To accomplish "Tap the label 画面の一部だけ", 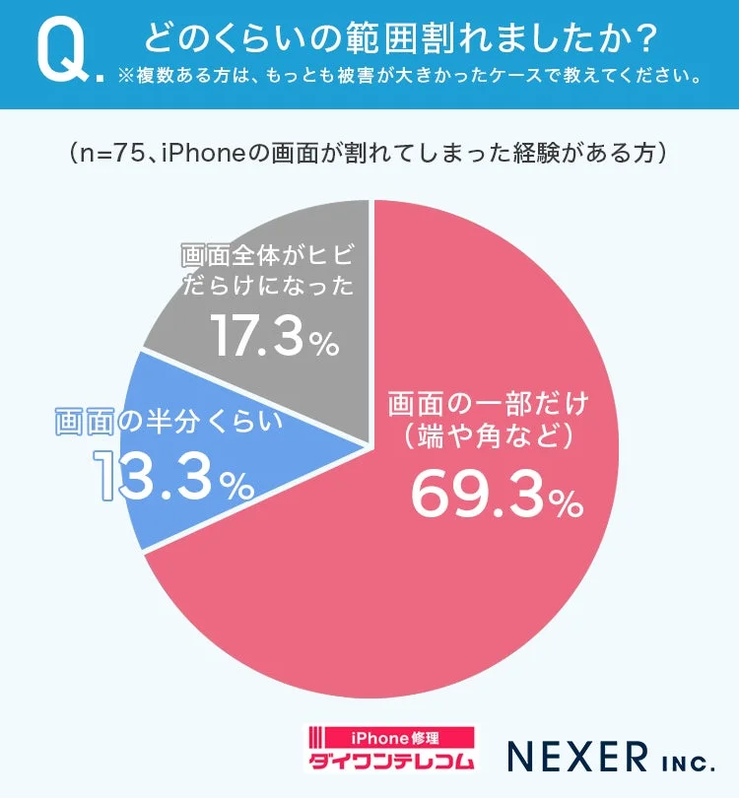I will (x=487, y=404).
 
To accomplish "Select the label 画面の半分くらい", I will (x=168, y=422).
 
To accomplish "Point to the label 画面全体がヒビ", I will (x=266, y=256).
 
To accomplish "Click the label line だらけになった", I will (x=266, y=289).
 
